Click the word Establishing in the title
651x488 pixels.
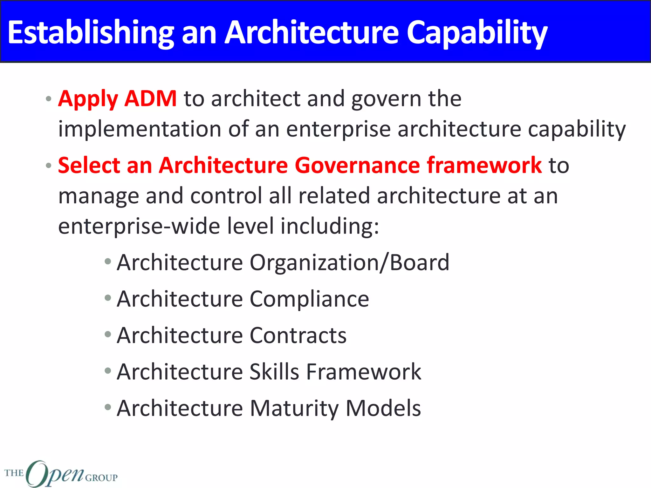coord(91,32)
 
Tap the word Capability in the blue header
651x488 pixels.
coord(477,32)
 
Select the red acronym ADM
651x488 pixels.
coord(150,98)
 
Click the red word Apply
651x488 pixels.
coord(88,99)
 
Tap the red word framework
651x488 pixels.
coord(484,165)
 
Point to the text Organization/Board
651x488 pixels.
coord(349,263)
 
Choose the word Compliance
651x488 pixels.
coord(309,299)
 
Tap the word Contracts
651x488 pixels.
coord(298,335)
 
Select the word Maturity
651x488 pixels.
coord(294,408)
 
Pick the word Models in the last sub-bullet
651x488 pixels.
coord(383,408)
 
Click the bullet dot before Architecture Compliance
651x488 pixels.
coord(108,298)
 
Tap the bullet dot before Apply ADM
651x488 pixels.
coord(48,99)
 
